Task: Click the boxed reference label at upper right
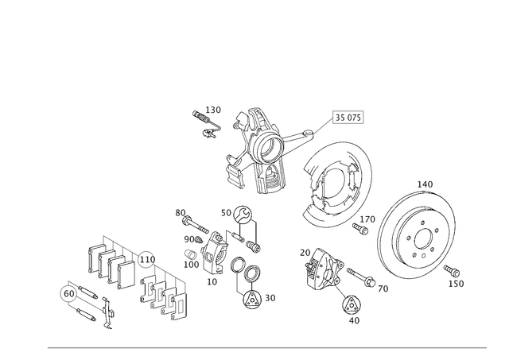348,117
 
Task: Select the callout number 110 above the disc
425,184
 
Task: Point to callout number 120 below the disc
459,282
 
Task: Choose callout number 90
189,238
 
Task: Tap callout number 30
270,298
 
